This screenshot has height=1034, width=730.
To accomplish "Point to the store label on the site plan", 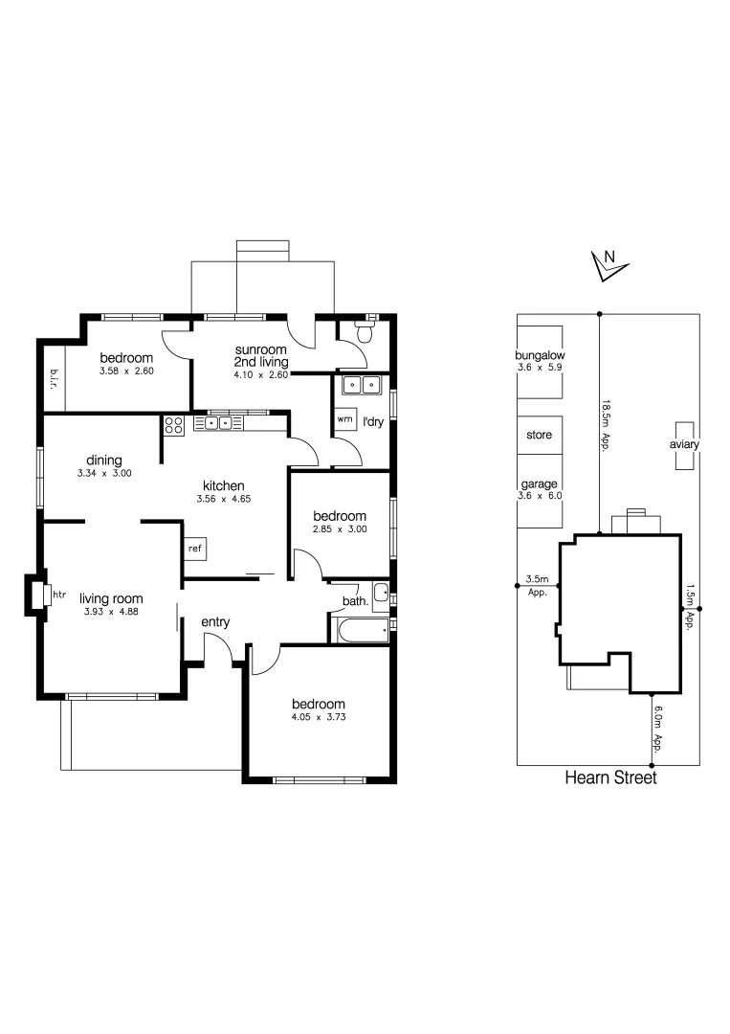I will [540, 435].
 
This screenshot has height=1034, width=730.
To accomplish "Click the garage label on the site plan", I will [540, 484].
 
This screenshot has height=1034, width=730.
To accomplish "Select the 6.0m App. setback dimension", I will [658, 729].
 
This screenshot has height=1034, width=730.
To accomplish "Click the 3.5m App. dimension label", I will [537, 585].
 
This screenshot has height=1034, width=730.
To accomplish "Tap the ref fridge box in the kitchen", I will [195, 549].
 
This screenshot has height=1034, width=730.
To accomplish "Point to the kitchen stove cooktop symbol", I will [174, 425].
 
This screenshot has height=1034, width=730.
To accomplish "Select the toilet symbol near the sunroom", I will [365, 333].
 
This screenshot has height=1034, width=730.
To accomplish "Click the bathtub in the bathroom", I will [361, 628].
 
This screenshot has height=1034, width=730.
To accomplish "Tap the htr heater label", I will [59, 595].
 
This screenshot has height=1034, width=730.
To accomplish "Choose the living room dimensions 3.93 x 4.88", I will [109, 611].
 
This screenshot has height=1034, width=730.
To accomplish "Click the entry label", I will [215, 622].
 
